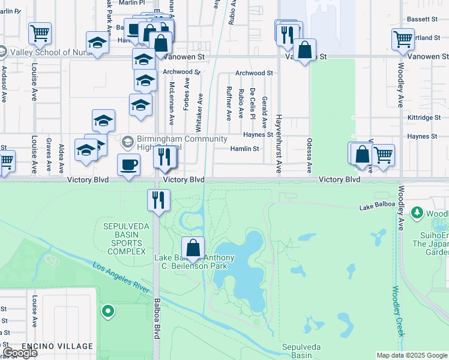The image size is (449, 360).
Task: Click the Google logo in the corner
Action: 20,353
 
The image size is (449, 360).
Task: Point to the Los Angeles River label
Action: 121,278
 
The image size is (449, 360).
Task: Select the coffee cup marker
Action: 128,166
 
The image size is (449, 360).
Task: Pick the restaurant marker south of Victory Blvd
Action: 159,200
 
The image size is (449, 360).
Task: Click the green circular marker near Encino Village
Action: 108,311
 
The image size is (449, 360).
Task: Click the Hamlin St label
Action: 245,149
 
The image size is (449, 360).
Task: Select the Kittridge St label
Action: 424,118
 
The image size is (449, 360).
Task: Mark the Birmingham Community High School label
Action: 165,143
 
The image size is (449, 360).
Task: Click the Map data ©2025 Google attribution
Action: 412,355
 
